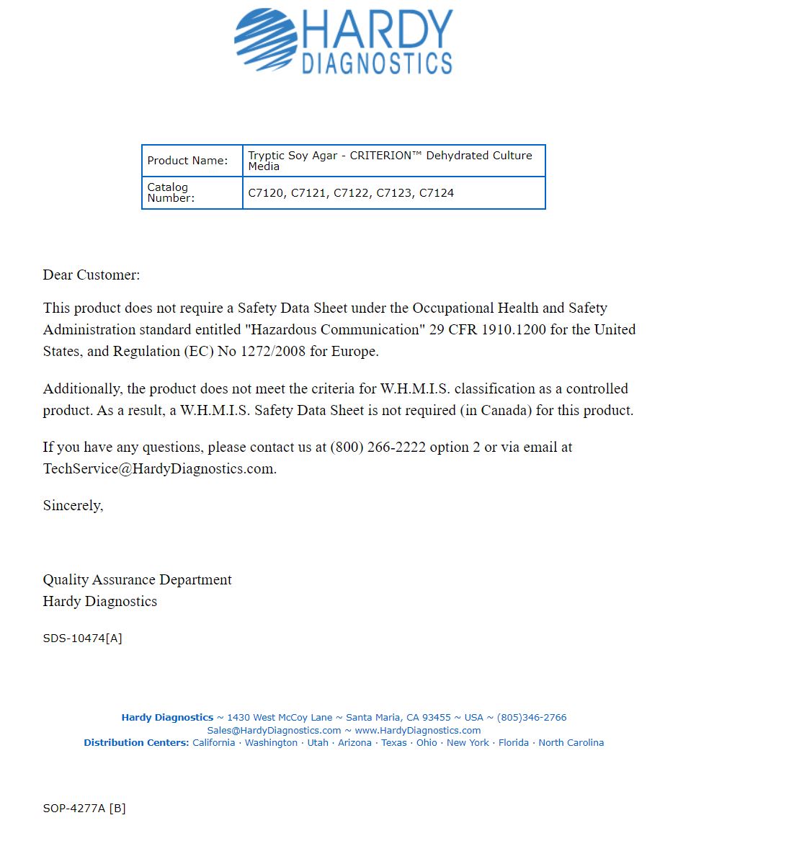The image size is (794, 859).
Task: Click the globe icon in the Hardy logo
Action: [x=265, y=40]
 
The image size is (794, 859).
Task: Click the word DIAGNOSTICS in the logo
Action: [x=377, y=63]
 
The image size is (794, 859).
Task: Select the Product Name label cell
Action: [x=187, y=161]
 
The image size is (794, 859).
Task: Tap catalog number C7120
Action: [x=266, y=193]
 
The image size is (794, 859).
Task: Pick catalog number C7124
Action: [x=437, y=193]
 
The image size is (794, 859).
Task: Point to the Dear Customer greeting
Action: [x=92, y=275]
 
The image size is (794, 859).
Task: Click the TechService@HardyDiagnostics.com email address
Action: [x=159, y=468]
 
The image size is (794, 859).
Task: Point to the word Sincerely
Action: [x=73, y=505]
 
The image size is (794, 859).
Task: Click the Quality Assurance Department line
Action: [x=137, y=579]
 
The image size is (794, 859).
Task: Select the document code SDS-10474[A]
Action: [x=82, y=638]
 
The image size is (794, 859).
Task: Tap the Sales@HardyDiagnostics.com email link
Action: [x=274, y=730]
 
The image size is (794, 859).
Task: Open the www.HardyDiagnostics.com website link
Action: [x=417, y=730]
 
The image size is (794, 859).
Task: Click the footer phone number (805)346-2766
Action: [x=532, y=718]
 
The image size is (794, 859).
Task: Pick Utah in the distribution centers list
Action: [x=318, y=743]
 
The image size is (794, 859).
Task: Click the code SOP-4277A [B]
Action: [x=84, y=809]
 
